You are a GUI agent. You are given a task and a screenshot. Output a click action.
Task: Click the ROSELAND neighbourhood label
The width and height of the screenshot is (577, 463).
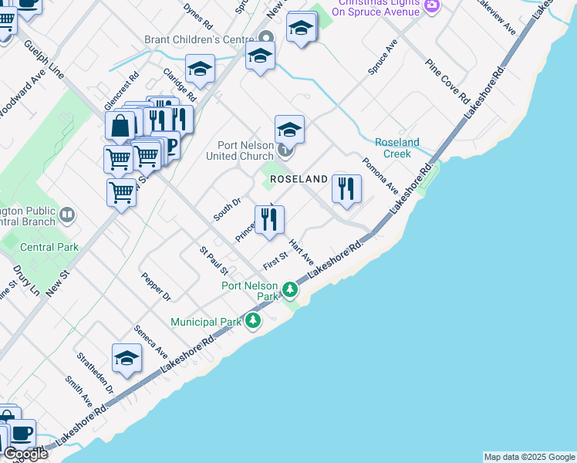(299, 179)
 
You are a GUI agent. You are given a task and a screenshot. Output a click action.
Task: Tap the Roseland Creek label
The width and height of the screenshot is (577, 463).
(396, 147)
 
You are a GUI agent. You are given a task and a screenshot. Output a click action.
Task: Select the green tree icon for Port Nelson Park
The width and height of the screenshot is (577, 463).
(290, 290)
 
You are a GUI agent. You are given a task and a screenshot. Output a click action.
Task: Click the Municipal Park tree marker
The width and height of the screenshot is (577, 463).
(252, 320)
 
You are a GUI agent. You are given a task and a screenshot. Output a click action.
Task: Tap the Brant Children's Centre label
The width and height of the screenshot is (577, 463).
(199, 39)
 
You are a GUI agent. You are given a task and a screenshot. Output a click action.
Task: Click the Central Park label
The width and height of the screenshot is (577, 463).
(49, 248)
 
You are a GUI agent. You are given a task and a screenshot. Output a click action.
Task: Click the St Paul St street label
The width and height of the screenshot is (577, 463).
(214, 261)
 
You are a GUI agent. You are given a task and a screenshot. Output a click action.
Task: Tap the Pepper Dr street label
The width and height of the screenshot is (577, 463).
(156, 286)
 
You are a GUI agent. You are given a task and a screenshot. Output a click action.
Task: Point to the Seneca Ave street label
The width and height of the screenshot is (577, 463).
(150, 340)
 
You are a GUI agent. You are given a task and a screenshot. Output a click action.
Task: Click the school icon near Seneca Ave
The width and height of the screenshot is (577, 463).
(127, 357)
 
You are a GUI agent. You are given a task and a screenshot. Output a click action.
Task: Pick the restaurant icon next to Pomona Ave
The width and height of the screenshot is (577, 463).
(346, 188)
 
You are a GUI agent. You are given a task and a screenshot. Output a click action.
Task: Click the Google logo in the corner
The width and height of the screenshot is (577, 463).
(25, 455)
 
